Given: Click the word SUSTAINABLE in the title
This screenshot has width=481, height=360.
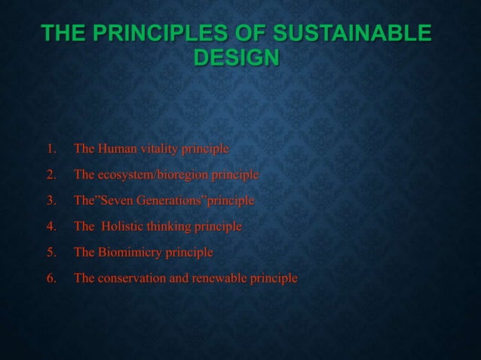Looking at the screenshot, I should pyautogui.click(x=353, y=34).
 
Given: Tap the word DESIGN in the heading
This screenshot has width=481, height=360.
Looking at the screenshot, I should pyautogui.click(x=237, y=58).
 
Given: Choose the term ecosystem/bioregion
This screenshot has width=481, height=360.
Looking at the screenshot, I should pyautogui.click(x=153, y=175).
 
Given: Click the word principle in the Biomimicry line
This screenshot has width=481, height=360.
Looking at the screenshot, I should pyautogui.click(x=191, y=252).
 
